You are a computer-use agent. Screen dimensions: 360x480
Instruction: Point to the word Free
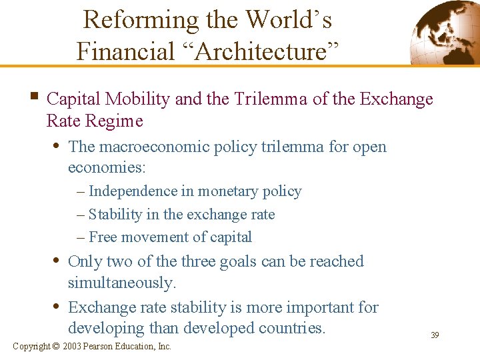click(x=103, y=237)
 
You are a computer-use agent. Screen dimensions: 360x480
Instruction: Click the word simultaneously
click(x=122, y=283)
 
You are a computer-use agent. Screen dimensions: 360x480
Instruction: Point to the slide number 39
click(x=435, y=335)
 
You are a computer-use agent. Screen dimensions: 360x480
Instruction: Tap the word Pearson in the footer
click(x=98, y=347)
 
